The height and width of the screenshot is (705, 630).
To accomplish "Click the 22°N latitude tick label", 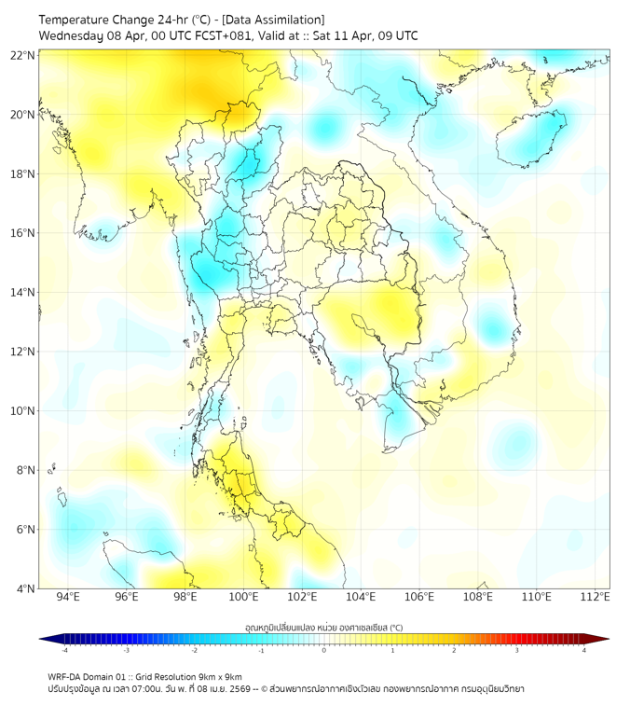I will [23, 55].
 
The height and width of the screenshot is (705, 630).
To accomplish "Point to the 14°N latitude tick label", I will [23, 293].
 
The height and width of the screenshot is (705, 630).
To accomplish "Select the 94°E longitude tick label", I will [68, 597].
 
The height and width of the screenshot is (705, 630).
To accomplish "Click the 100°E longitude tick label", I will [243, 597].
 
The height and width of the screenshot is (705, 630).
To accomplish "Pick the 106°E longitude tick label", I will [419, 597].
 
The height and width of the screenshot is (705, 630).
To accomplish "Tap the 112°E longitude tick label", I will [595, 597].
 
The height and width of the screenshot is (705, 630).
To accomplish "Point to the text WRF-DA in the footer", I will [64, 676].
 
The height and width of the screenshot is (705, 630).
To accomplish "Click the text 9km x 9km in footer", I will [216, 676].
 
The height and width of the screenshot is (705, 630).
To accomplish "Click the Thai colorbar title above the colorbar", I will [323, 628].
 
